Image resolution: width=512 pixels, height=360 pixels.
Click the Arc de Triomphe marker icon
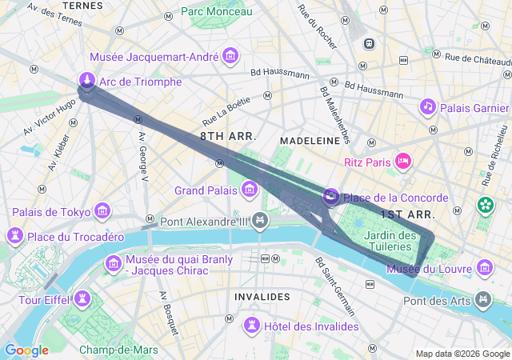(x=86, y=81)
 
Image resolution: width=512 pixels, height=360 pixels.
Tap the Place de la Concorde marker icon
(x=330, y=196)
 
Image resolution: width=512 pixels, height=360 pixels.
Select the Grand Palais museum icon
(x=250, y=190)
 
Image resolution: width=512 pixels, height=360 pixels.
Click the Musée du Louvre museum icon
(x=484, y=267)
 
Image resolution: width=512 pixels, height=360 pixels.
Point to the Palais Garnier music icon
(x=428, y=106)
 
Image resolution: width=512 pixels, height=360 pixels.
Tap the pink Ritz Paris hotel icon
(x=404, y=162)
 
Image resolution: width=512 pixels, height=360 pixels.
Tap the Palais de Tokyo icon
(x=102, y=211)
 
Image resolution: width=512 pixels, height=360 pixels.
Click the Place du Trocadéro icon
(x=14, y=236)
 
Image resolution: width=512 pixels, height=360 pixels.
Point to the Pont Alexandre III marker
(x=259, y=220)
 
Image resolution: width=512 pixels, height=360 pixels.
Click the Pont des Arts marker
(x=482, y=300)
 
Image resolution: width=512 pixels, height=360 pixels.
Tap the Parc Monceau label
(x=216, y=11)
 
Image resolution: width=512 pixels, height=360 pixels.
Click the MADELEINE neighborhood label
(x=308, y=140)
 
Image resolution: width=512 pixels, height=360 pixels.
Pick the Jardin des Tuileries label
(x=390, y=241)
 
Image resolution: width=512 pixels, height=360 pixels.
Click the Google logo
(x=26, y=350)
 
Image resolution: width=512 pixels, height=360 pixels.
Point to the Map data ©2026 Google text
(x=462, y=354)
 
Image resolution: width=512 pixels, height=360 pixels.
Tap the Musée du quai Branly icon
(x=113, y=263)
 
